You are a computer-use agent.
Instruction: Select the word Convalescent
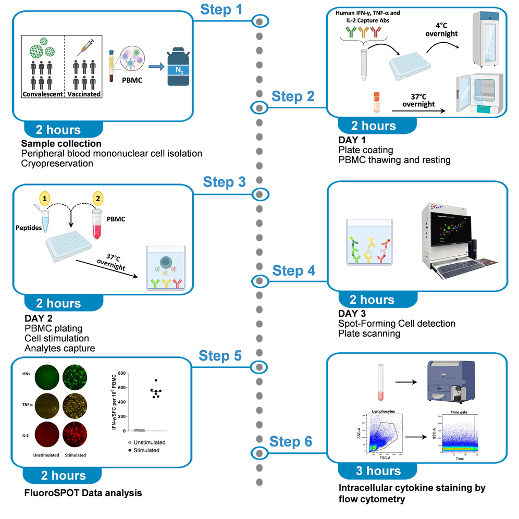click(x=42, y=94)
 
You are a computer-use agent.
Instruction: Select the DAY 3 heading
click(x=352, y=314)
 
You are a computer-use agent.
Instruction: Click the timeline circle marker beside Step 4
click(x=259, y=281)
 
